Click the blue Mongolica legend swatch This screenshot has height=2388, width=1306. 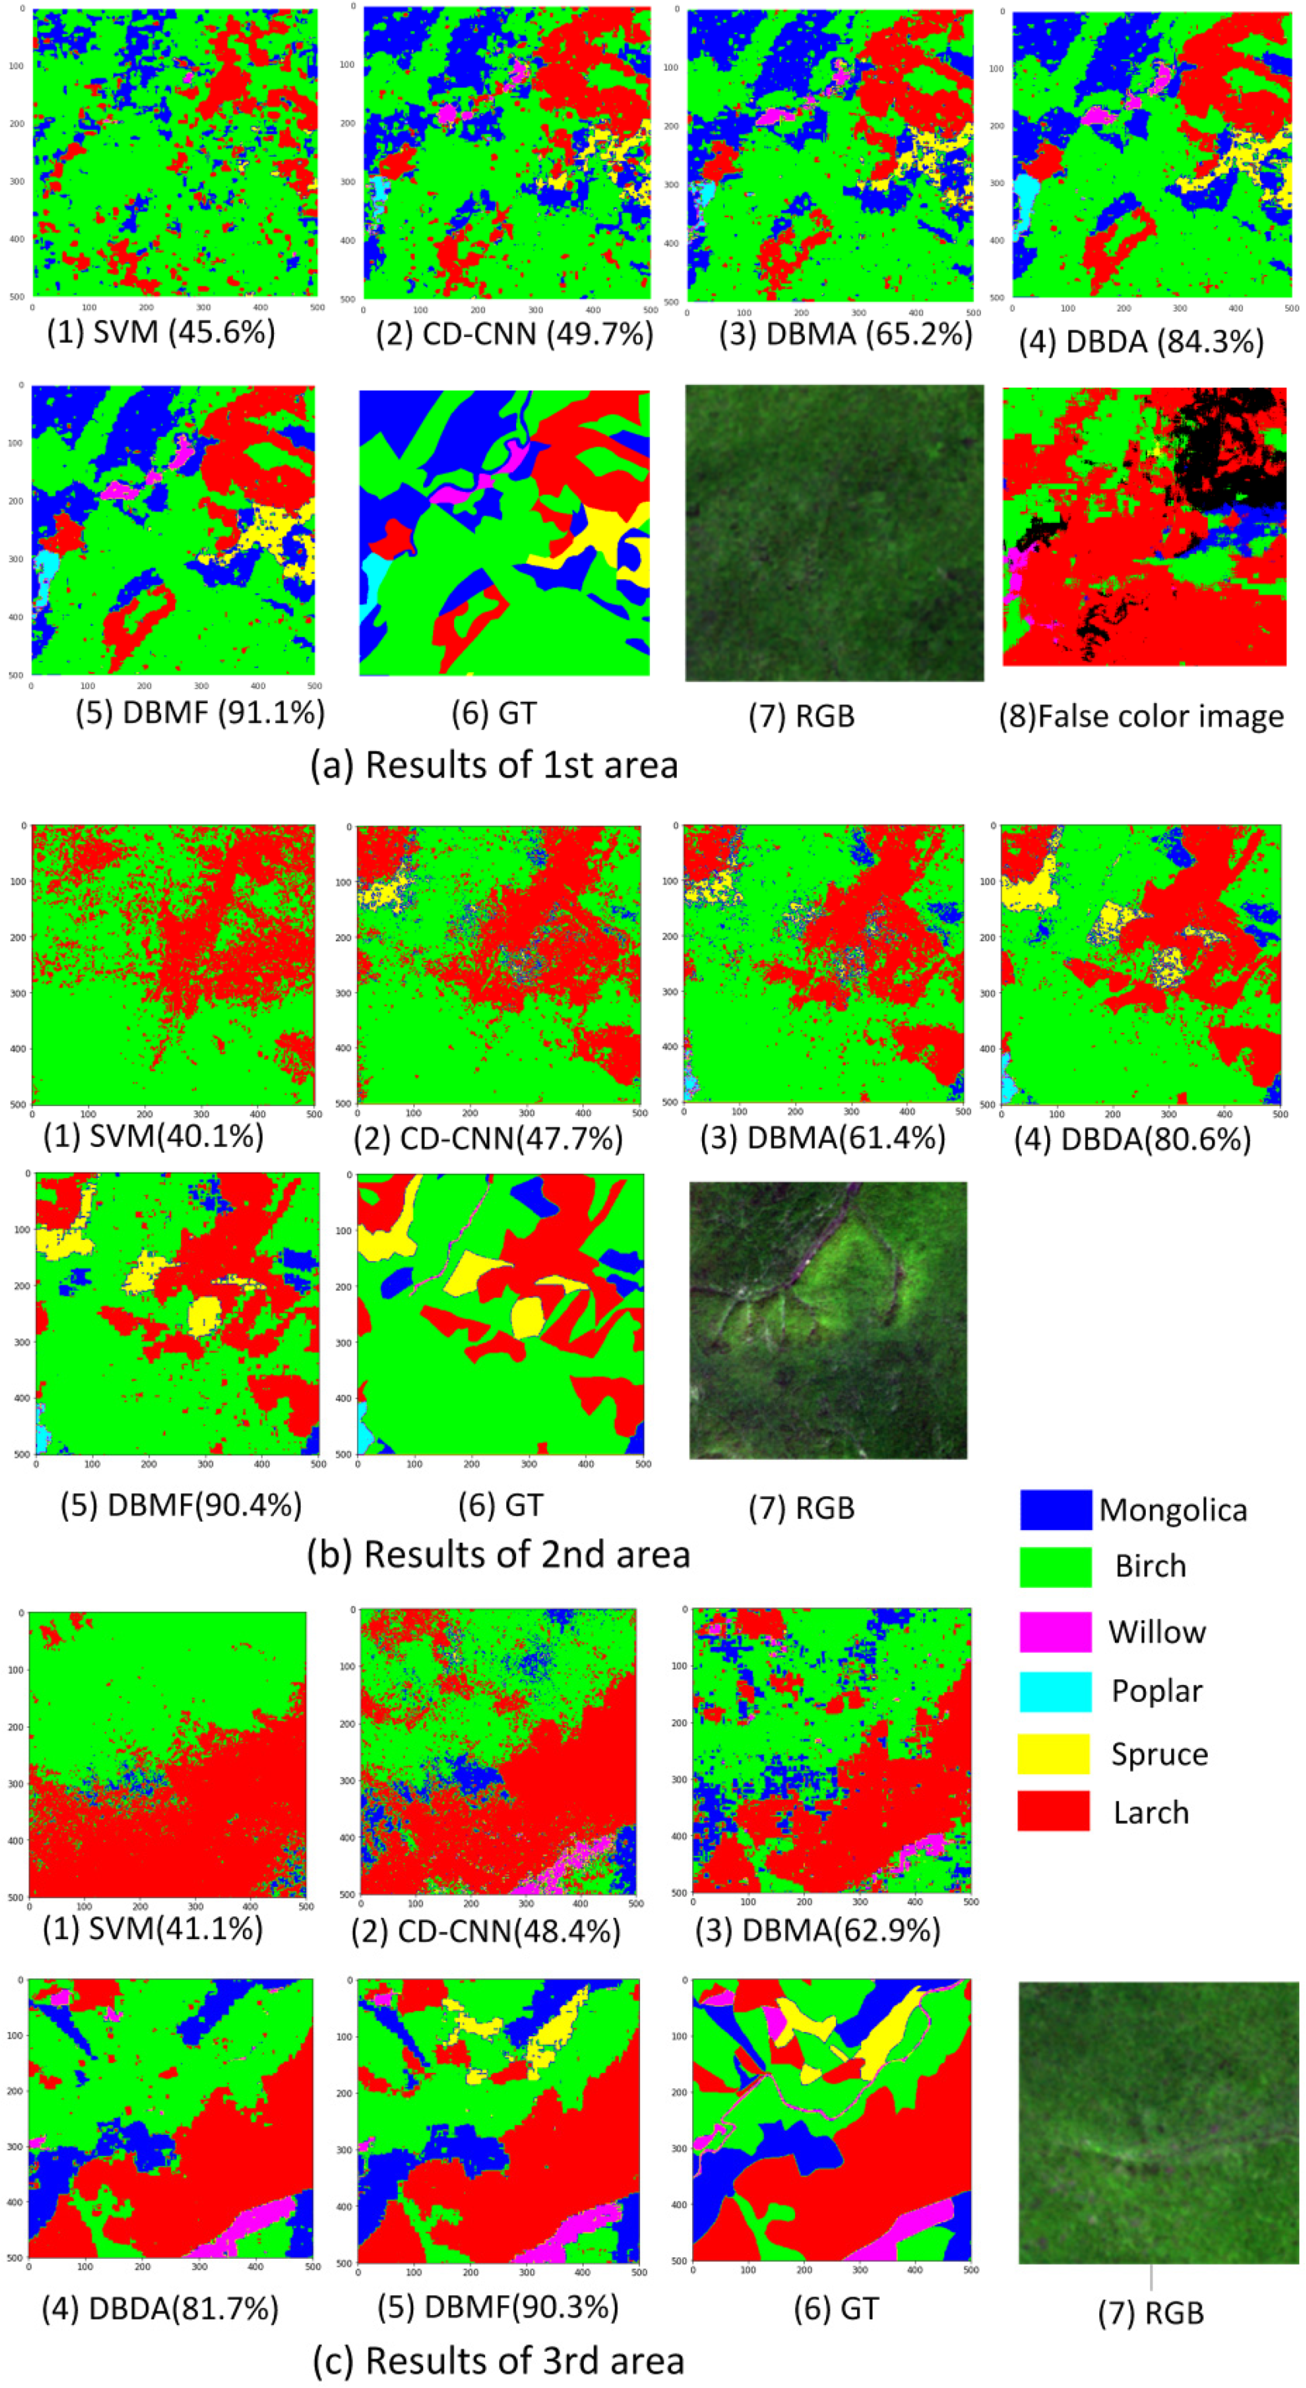[x=1055, y=1509]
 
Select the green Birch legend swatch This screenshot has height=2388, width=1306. [x=1055, y=1567]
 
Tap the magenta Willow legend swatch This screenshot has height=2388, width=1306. [x=1055, y=1631]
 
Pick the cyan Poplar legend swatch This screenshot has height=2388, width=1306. [x=1055, y=1692]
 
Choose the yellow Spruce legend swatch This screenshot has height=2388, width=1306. [x=1054, y=1754]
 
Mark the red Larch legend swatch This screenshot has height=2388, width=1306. [x=1054, y=1812]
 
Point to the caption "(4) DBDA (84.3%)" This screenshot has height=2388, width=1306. [x=1142, y=341]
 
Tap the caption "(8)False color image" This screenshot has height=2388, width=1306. [x=1142, y=716]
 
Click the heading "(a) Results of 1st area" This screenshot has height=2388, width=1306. [x=494, y=765]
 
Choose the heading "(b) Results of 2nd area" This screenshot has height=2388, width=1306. [x=499, y=1554]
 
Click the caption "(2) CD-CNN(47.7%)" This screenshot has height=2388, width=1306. [x=499, y=1137]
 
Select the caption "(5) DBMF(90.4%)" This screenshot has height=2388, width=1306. [x=181, y=1505]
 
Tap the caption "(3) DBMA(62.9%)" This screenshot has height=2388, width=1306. [x=819, y=1930]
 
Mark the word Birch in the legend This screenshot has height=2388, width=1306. [x=1150, y=1567]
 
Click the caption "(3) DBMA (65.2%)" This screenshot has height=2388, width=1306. [x=846, y=334]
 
